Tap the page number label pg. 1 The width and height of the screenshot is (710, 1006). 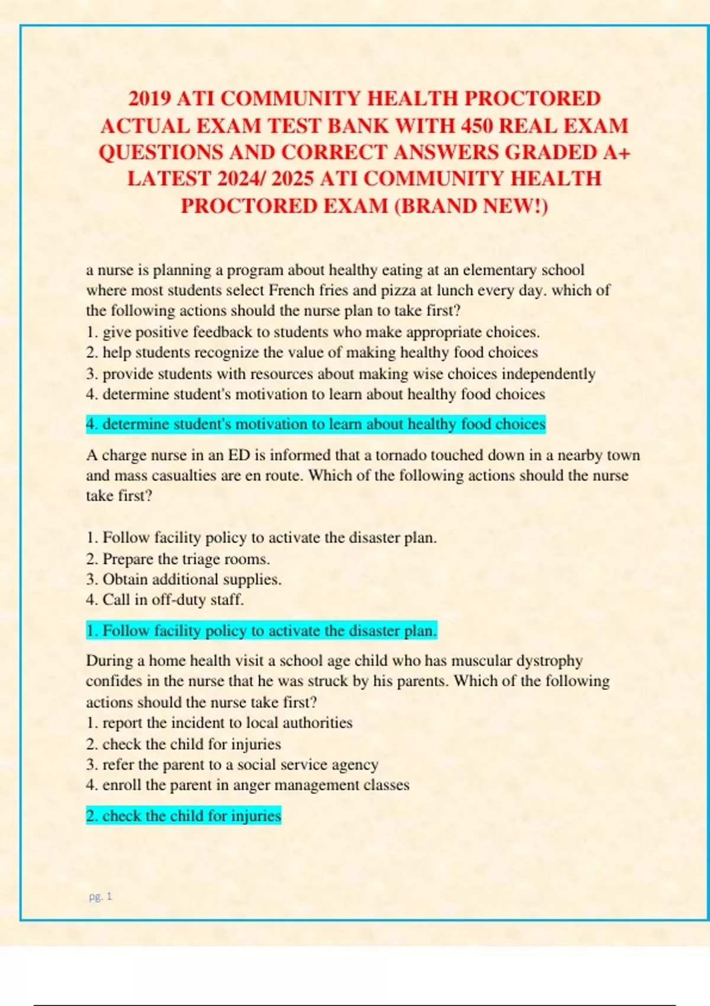click(x=100, y=897)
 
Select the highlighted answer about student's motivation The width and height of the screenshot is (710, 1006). click(x=315, y=424)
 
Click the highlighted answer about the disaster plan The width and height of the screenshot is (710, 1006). click(x=261, y=631)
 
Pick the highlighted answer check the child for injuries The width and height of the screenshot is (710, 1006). click(x=183, y=816)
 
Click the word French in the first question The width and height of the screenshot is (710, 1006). click(x=292, y=291)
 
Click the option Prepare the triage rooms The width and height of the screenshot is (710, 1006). click(x=177, y=559)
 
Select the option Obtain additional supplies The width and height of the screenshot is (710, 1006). click(x=183, y=579)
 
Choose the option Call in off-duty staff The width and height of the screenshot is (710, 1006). click(x=164, y=600)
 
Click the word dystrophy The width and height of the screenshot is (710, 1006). click(x=550, y=660)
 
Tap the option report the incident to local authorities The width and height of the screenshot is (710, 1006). click(x=219, y=723)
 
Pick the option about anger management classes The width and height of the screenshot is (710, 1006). click(x=247, y=785)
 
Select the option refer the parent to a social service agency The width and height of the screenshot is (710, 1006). click(x=232, y=765)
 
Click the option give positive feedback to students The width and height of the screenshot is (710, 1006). click(x=312, y=332)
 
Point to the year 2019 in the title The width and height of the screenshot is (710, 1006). click(x=150, y=98)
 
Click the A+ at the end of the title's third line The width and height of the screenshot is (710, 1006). click(x=617, y=153)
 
